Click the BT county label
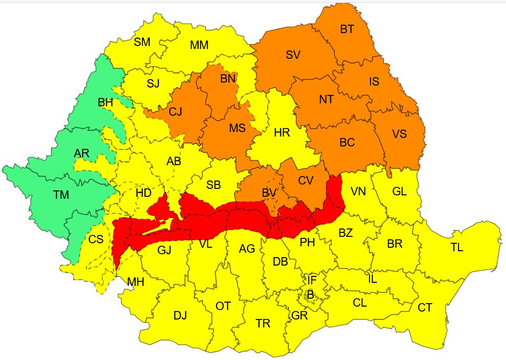[x=347, y=29]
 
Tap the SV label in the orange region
[x=293, y=55]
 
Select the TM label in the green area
[x=61, y=195]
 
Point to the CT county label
[x=424, y=308]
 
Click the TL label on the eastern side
[x=457, y=248]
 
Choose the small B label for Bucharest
[x=310, y=295]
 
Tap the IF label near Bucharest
[x=312, y=280]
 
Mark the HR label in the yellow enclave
[x=281, y=132]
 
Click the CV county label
[x=306, y=180]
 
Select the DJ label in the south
[x=180, y=315]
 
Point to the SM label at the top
[x=142, y=42]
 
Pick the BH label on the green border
[x=105, y=103]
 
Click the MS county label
[x=237, y=128]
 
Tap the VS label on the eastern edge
[x=400, y=134]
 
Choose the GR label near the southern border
[x=300, y=315]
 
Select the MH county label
[x=136, y=282]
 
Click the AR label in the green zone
[x=82, y=153]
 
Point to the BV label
[x=269, y=192]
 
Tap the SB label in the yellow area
[x=213, y=185]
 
